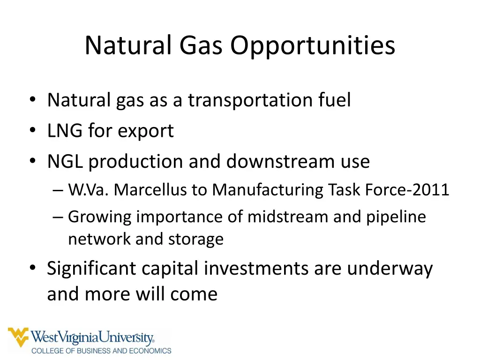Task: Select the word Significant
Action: coord(91,269)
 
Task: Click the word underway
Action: coord(390,269)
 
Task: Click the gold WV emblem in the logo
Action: coord(18,337)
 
